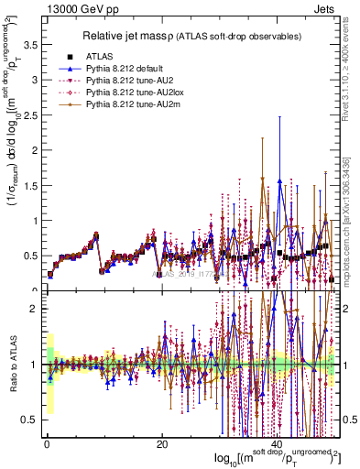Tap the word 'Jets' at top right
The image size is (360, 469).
pyautogui.click(x=325, y=9)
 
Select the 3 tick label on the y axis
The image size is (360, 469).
pyautogui.click(x=34, y=80)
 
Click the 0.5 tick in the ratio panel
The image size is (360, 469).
pyautogui.click(x=28, y=420)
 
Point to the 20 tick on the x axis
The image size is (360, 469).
pyautogui.click(x=161, y=443)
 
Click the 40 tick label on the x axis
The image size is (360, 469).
pyautogui.click(x=276, y=443)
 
